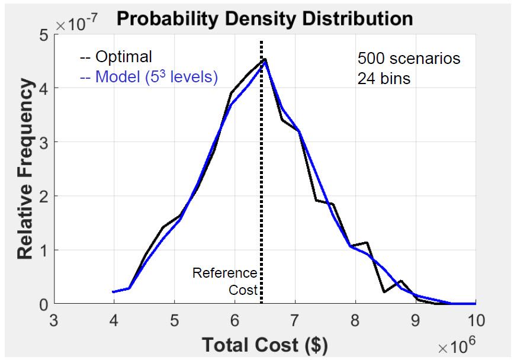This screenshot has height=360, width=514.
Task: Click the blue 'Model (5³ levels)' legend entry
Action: coord(148,77)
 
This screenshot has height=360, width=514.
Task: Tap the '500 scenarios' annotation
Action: coord(409,59)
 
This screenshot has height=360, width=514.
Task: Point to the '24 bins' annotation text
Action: coord(383,78)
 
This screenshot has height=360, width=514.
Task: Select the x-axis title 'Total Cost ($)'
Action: coord(265,345)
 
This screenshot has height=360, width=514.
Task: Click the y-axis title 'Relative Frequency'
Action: coord(25,170)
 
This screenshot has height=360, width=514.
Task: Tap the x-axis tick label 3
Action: coord(54,320)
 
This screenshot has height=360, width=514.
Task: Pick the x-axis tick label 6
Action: coord(234,320)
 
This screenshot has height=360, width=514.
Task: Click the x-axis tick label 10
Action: coord(476,320)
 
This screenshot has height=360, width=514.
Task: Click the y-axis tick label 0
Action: coord(44,304)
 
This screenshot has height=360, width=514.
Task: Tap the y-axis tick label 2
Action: coord(44,196)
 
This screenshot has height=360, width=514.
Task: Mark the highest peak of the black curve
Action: coord(265,59)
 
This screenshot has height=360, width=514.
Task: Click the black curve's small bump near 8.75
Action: coord(401,281)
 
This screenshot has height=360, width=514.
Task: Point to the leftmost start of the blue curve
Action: coord(113,291)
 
